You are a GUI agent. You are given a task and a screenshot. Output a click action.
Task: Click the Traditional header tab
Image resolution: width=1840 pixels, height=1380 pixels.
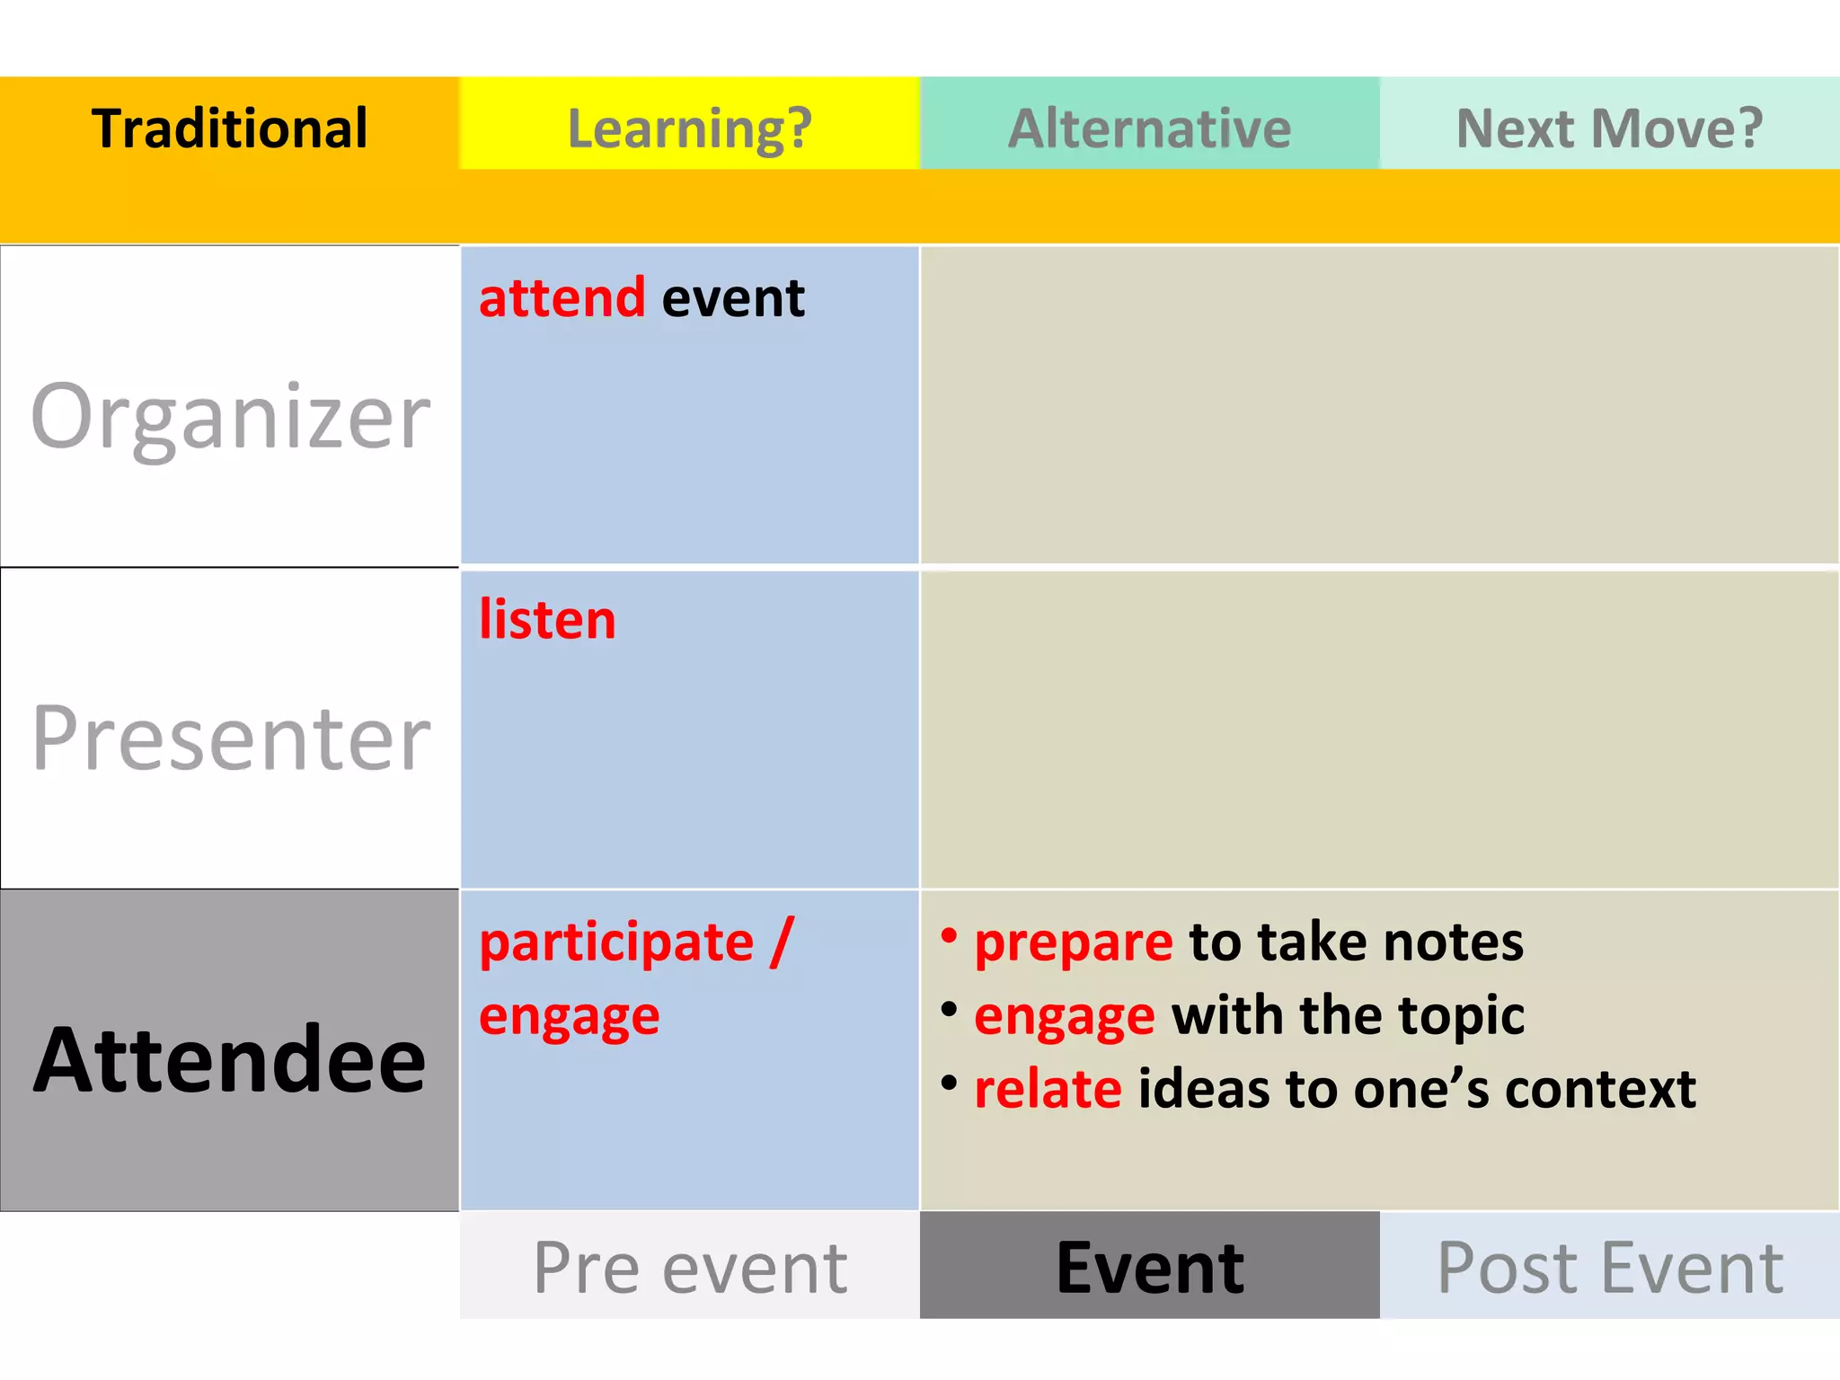[x=229, y=128]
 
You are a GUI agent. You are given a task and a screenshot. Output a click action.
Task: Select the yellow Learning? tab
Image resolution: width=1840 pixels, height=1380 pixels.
[x=689, y=128]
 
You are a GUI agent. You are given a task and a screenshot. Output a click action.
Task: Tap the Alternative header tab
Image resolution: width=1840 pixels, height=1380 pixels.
[x=1149, y=128]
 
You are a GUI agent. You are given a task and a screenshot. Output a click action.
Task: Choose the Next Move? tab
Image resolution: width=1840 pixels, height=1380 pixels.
[x=1609, y=128]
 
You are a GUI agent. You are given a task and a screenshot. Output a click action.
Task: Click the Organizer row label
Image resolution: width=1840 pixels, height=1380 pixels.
[x=230, y=415]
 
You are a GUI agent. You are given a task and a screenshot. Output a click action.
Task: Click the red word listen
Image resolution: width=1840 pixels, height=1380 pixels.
[x=547, y=619]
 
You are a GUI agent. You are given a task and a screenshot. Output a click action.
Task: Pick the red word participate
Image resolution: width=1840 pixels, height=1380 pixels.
[x=616, y=942]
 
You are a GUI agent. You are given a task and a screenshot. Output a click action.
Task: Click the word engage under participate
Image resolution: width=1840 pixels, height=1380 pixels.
[x=569, y=1016]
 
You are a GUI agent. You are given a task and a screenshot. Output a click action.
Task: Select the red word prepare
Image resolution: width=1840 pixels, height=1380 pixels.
[x=1074, y=942]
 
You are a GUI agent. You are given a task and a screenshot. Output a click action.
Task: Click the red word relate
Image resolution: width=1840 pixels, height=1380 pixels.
[x=1048, y=1089]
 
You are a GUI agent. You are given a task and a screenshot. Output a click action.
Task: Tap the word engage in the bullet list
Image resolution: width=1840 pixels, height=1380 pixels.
[x=1065, y=1016]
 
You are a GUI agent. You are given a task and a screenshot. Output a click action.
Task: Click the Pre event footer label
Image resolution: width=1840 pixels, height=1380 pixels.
[x=689, y=1267]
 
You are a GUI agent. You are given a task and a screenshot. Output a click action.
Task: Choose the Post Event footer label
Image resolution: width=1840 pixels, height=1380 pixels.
[x=1609, y=1267]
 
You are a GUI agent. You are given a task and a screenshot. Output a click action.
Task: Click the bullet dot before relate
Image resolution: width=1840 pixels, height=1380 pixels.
[x=949, y=1083]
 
